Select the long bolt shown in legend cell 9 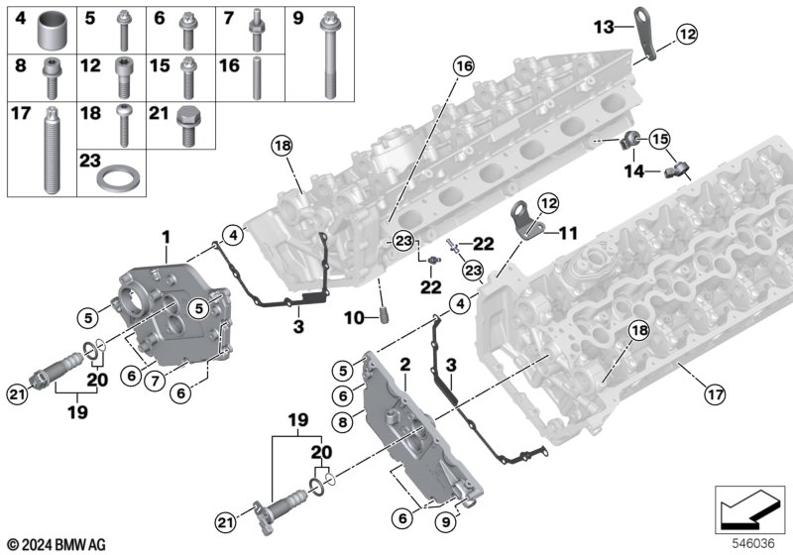(329, 55)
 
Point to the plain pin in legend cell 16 (257, 77)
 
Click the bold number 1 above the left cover (166, 237)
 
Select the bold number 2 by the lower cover (405, 365)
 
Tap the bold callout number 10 (354, 318)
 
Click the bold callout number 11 (568, 233)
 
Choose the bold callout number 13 (604, 27)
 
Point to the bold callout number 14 (634, 170)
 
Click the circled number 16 (464, 65)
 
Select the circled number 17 (715, 393)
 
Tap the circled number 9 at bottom (445, 521)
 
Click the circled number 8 (343, 422)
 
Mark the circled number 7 (155, 381)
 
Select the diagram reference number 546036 (753, 543)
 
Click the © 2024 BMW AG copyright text (57, 545)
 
